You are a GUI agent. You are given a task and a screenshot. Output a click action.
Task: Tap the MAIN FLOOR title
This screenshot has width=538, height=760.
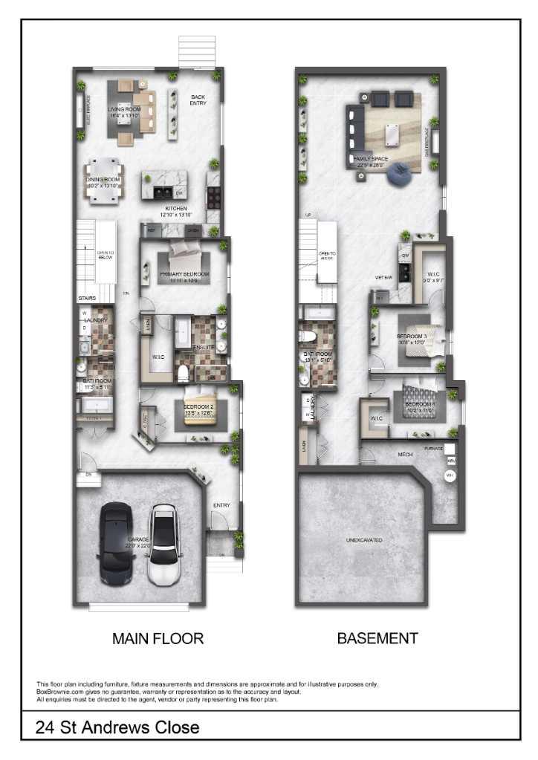(x=158, y=638)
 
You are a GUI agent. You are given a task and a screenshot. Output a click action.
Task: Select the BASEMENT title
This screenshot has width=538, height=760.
(x=377, y=638)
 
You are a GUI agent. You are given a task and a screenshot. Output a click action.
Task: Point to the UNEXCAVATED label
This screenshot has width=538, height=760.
(x=364, y=540)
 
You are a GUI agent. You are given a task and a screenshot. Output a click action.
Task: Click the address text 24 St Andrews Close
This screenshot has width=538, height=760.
(x=117, y=727)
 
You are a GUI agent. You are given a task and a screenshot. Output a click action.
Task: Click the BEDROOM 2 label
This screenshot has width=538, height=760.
(x=198, y=406)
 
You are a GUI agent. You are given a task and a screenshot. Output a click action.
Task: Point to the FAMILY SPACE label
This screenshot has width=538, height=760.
(x=372, y=159)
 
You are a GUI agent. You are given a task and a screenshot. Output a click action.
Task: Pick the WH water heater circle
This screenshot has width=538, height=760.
(x=449, y=475)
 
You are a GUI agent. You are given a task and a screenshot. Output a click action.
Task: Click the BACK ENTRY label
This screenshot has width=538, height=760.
(x=198, y=100)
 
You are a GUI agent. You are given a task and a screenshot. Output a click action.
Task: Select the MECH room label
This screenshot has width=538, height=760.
(x=405, y=455)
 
